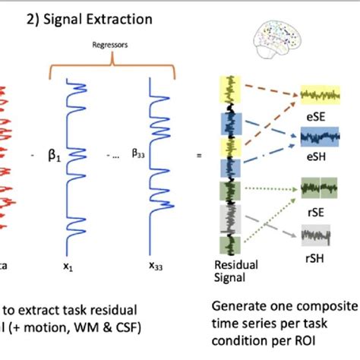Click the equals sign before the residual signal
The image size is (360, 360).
tap(199, 156)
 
